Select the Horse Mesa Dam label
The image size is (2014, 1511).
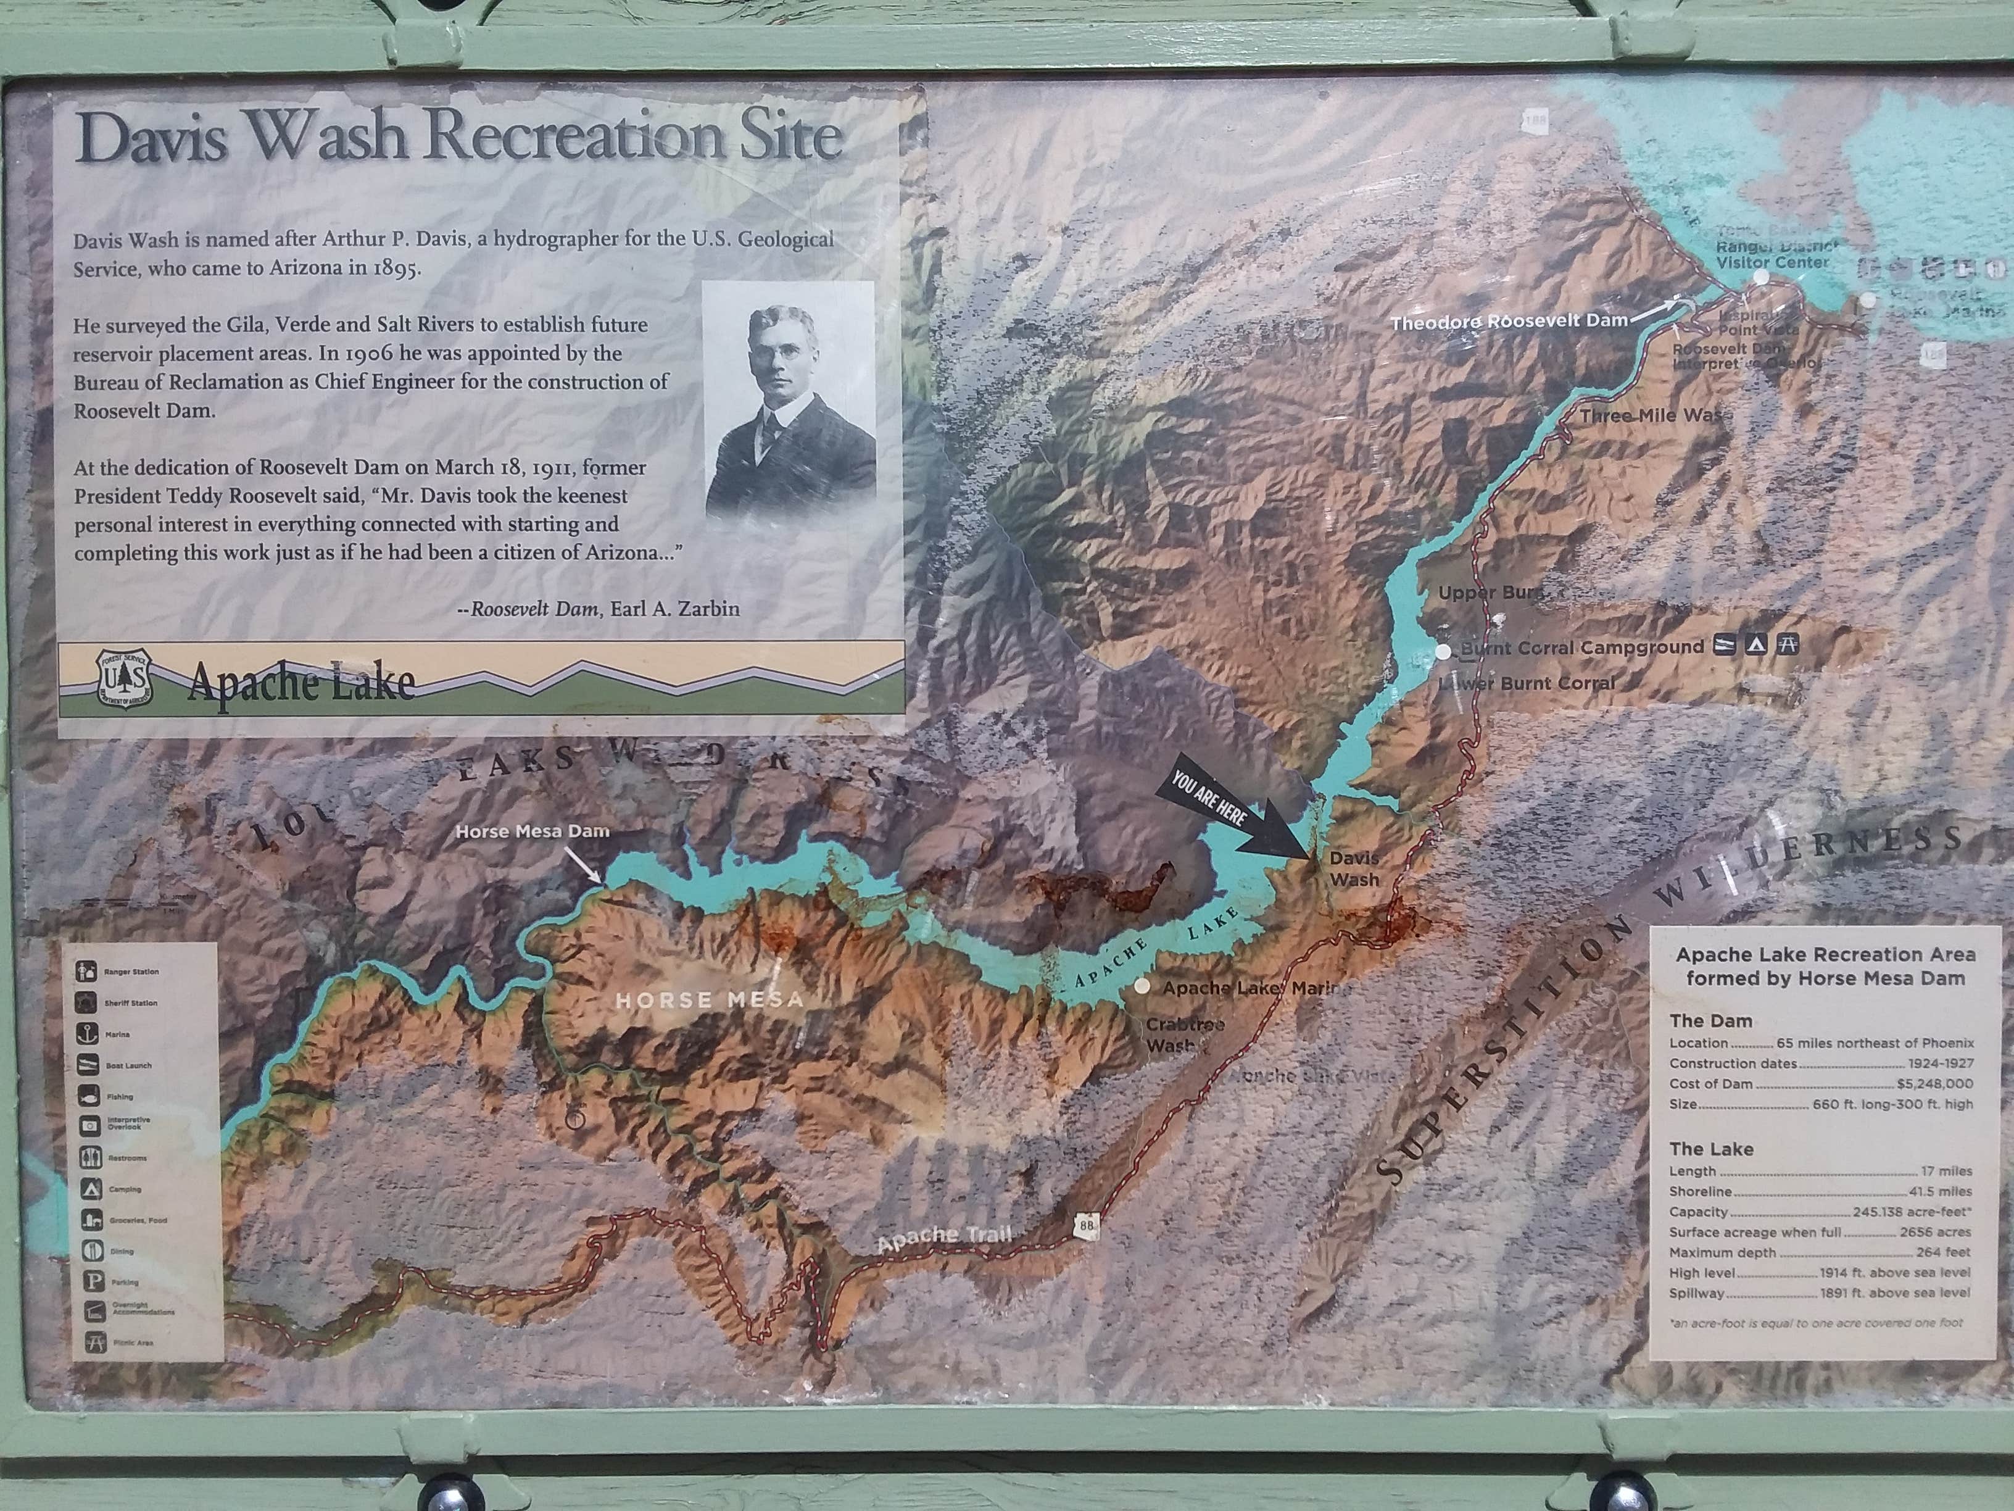point(532,831)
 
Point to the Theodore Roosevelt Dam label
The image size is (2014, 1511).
point(1509,322)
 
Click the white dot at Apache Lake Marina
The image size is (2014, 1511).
point(1142,986)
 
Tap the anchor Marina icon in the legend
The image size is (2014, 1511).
point(88,1034)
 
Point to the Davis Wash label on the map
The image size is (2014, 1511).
point(1354,868)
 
